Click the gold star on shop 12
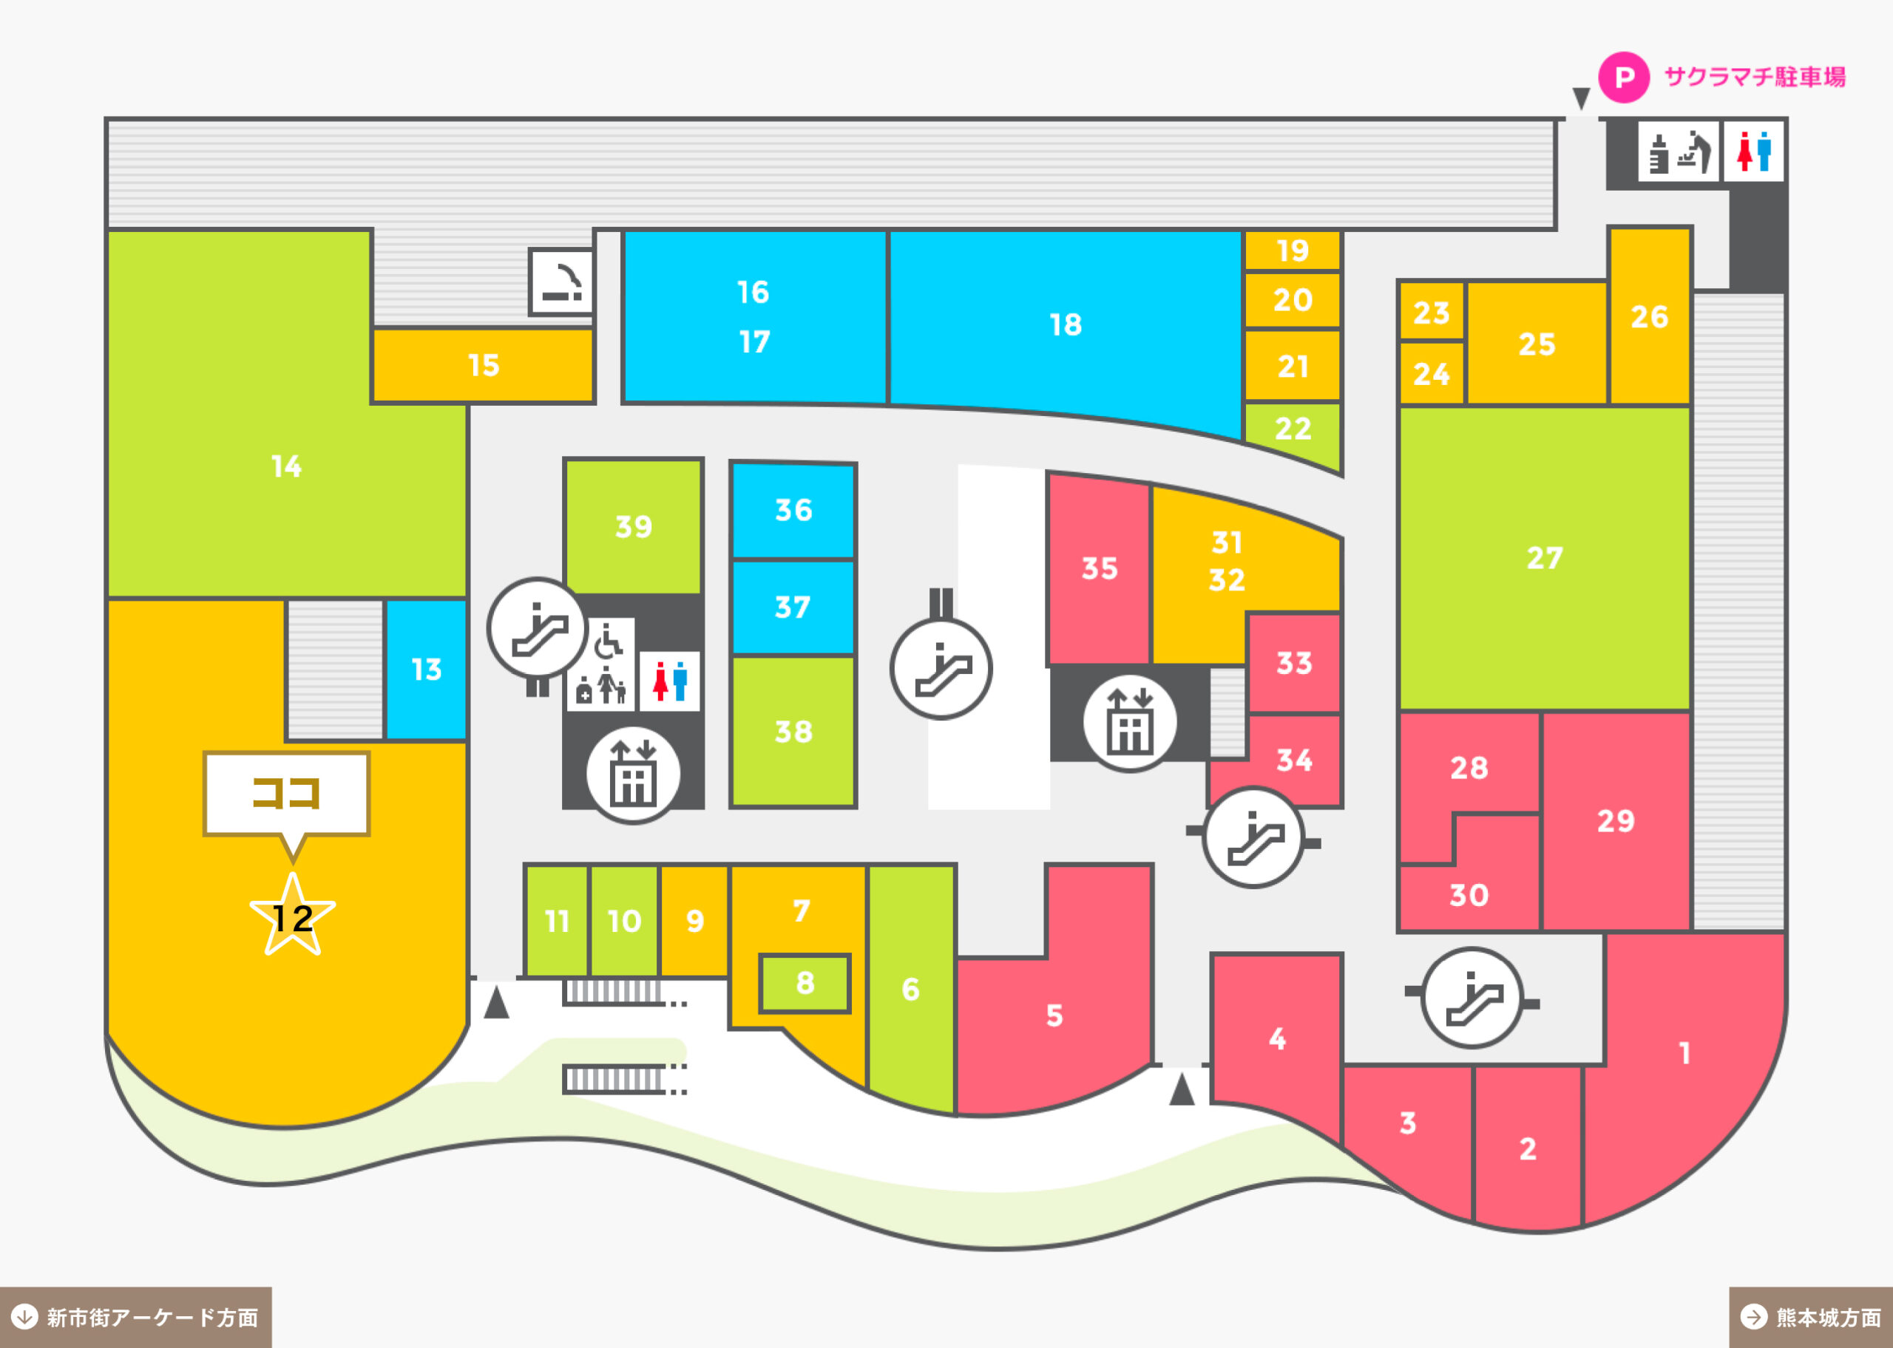tap(292, 915)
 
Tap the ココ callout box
tap(286, 794)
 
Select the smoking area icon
tap(562, 282)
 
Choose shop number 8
tap(805, 984)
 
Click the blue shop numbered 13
tap(426, 669)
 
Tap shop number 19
tap(1293, 251)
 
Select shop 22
tap(1293, 432)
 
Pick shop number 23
tap(1432, 312)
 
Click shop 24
tap(1432, 373)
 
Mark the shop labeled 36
tap(793, 511)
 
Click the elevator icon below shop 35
tap(1129, 722)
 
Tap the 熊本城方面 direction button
tap(1811, 1317)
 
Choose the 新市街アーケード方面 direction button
tap(136, 1317)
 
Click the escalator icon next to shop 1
tap(1472, 997)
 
